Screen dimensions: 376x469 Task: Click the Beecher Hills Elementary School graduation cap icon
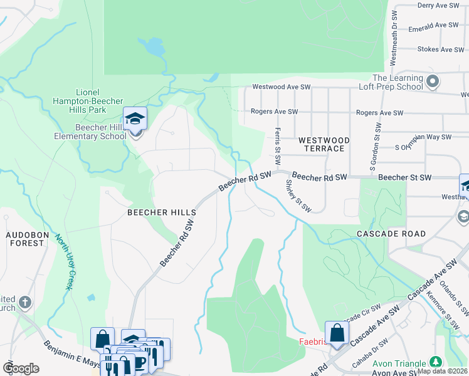(x=135, y=118)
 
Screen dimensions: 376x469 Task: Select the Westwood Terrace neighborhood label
(x=321, y=144)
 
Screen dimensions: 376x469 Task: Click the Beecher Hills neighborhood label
(x=162, y=212)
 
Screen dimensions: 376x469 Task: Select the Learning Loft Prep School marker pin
(x=433, y=81)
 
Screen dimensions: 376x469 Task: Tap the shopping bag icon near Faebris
(x=337, y=333)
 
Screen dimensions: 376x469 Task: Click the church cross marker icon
(x=25, y=302)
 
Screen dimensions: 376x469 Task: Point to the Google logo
(x=21, y=368)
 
